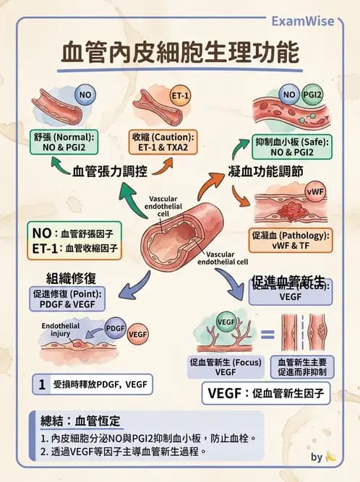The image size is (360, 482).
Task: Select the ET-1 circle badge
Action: tap(180, 95)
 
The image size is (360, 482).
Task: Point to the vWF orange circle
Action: tap(315, 192)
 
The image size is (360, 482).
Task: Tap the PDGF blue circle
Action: tap(116, 328)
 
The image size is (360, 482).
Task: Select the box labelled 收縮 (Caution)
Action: tap(163, 142)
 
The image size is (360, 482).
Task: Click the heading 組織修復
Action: tap(72, 277)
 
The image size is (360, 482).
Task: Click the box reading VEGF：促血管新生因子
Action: tap(265, 394)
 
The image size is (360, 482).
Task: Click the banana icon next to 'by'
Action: tap(331, 457)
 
